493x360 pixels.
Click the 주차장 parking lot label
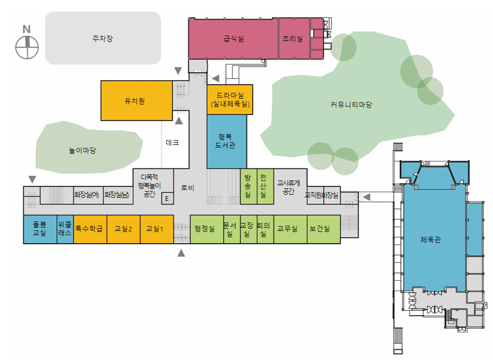pyautogui.click(x=103, y=38)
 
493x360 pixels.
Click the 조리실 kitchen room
pyautogui.click(x=293, y=38)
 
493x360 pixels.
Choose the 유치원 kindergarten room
pyautogui.click(x=135, y=101)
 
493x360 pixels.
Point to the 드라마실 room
pyautogui.click(x=230, y=99)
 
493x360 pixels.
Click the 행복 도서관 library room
pyautogui.click(x=227, y=141)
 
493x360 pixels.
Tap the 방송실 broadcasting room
pyautogui.click(x=248, y=186)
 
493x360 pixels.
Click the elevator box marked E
pyautogui.click(x=167, y=198)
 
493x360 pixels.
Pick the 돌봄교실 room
pyautogui.click(x=40, y=229)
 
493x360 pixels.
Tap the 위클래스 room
pyautogui.click(x=65, y=229)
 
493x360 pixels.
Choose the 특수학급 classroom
pyautogui.click(x=90, y=229)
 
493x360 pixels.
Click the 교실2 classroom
pyautogui.click(x=123, y=229)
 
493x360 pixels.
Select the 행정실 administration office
pyautogui.click(x=205, y=229)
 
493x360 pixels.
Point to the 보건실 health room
pyautogui.click(x=320, y=229)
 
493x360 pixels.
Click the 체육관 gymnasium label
pyautogui.click(x=430, y=240)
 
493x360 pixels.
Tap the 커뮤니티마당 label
pyautogui.click(x=351, y=105)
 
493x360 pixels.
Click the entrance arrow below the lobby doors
pyautogui.click(x=181, y=253)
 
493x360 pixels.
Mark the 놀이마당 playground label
pyautogui.click(x=83, y=151)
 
